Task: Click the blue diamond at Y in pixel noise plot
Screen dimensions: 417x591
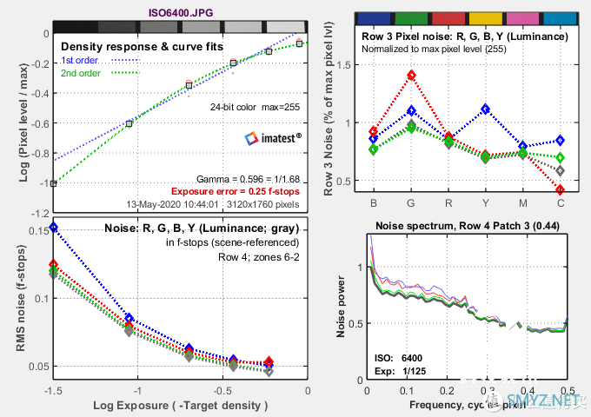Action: coord(485,109)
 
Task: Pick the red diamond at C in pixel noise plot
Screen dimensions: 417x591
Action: coord(560,189)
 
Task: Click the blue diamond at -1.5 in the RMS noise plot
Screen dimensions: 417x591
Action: coord(54,227)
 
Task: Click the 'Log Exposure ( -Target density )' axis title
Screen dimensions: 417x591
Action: coord(181,406)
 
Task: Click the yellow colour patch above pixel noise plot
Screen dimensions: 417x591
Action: coord(485,17)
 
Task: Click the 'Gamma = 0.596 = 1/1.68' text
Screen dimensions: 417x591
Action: coord(249,177)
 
